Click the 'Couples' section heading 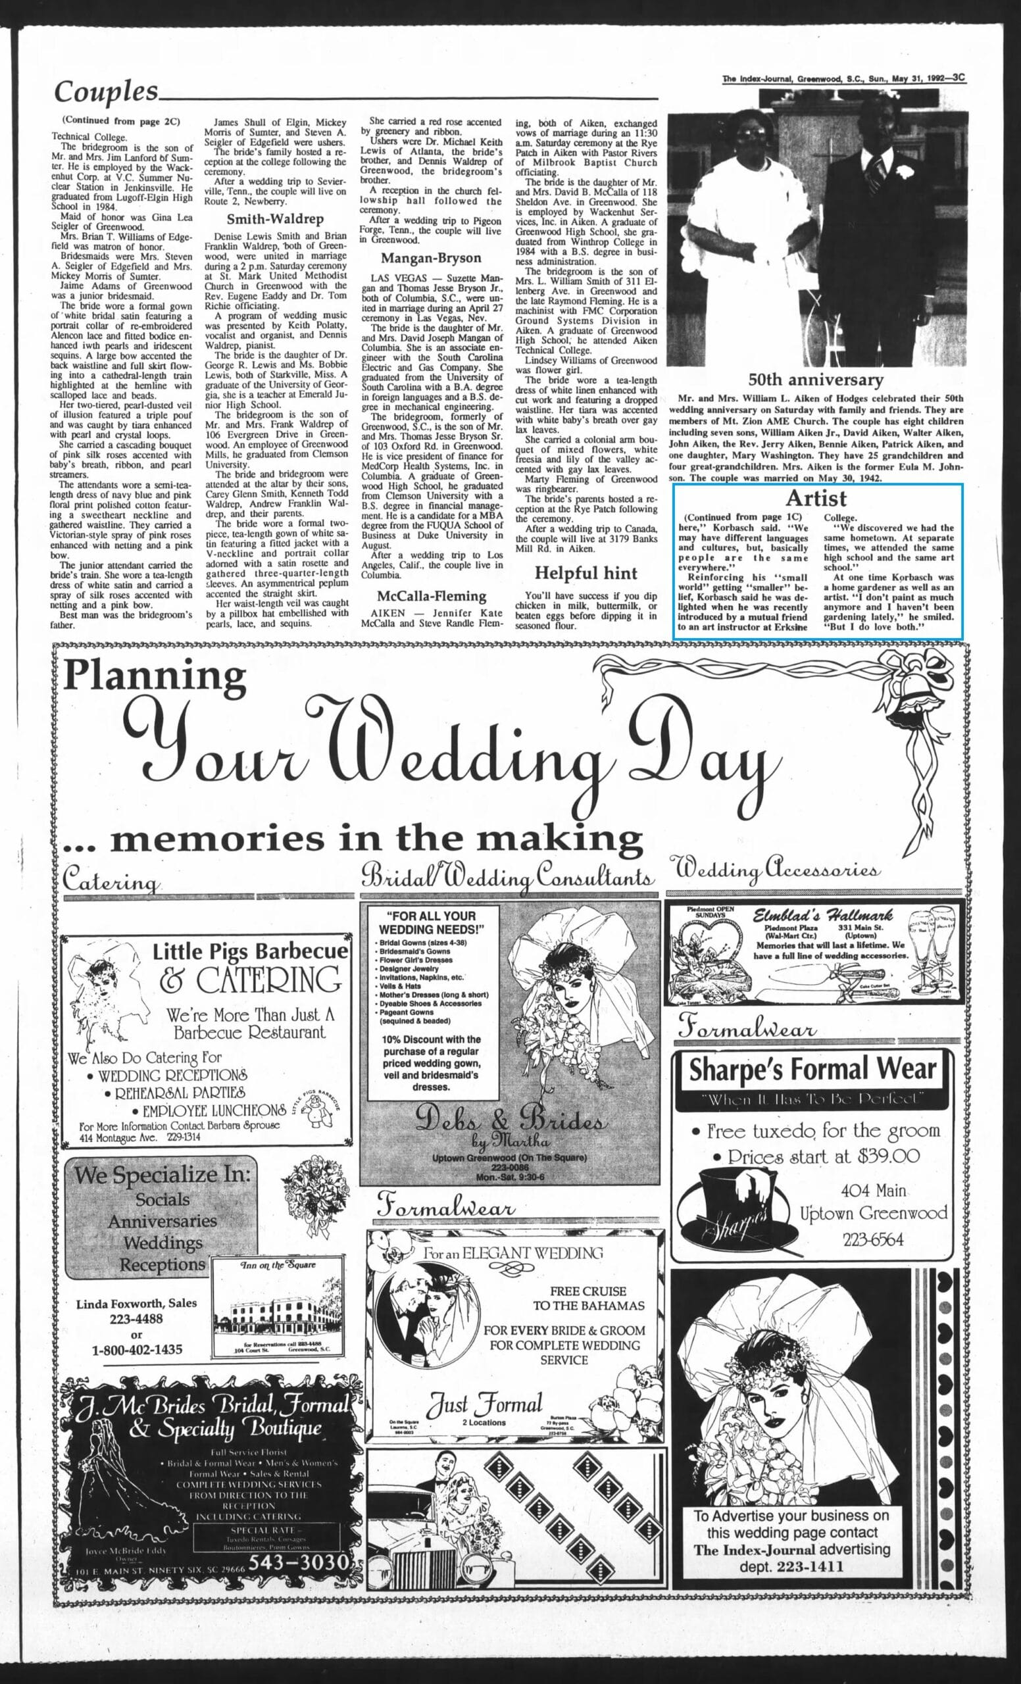[x=106, y=91]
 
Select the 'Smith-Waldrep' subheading [x=275, y=220]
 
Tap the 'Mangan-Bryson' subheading [x=430, y=259]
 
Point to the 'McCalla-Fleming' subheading [x=431, y=596]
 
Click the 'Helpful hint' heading [x=585, y=573]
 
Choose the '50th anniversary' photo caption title [x=815, y=380]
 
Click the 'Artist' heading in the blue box [x=815, y=497]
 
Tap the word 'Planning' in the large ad [x=155, y=676]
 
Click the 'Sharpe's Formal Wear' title [x=812, y=1070]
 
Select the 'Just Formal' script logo [x=485, y=1404]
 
